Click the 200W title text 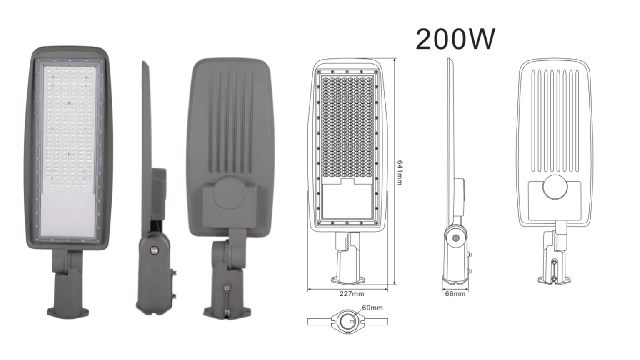pos(455,40)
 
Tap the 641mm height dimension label pos(400,172)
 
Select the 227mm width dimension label pos(352,294)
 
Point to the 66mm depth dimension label pos(455,294)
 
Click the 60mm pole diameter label pos(372,308)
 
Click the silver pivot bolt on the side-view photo pos(154,250)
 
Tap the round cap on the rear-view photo pos(230,192)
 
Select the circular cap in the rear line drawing pos(555,187)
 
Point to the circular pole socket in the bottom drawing pos(348,322)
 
